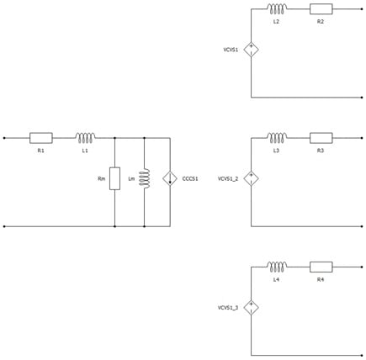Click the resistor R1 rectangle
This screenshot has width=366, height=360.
pos(41,138)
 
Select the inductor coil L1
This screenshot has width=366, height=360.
pos(85,138)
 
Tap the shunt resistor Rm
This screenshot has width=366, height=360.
pos(114,178)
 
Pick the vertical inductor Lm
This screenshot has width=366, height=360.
pos(146,178)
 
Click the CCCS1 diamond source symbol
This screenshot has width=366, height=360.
pos(170,178)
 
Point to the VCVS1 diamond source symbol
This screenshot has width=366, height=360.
pos(251,50)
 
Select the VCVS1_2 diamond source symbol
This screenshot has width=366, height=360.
pos(251,178)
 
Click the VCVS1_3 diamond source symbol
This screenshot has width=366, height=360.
pos(251,308)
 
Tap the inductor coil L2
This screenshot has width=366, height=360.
pos(277,9)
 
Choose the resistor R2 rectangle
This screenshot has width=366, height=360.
pos(321,9)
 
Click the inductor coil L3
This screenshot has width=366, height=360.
pos(277,138)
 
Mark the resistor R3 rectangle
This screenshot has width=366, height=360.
pos(321,138)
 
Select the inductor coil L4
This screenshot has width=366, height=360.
pos(277,267)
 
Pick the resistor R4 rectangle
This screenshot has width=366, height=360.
pos(321,267)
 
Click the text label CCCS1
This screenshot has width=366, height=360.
pos(190,178)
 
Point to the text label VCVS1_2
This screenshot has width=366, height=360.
pos(228,178)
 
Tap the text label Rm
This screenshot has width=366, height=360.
pos(102,178)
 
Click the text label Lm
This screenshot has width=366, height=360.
pos(131,178)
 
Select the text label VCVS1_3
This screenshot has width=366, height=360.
pos(228,308)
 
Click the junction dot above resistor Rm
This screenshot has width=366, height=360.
pos(114,138)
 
